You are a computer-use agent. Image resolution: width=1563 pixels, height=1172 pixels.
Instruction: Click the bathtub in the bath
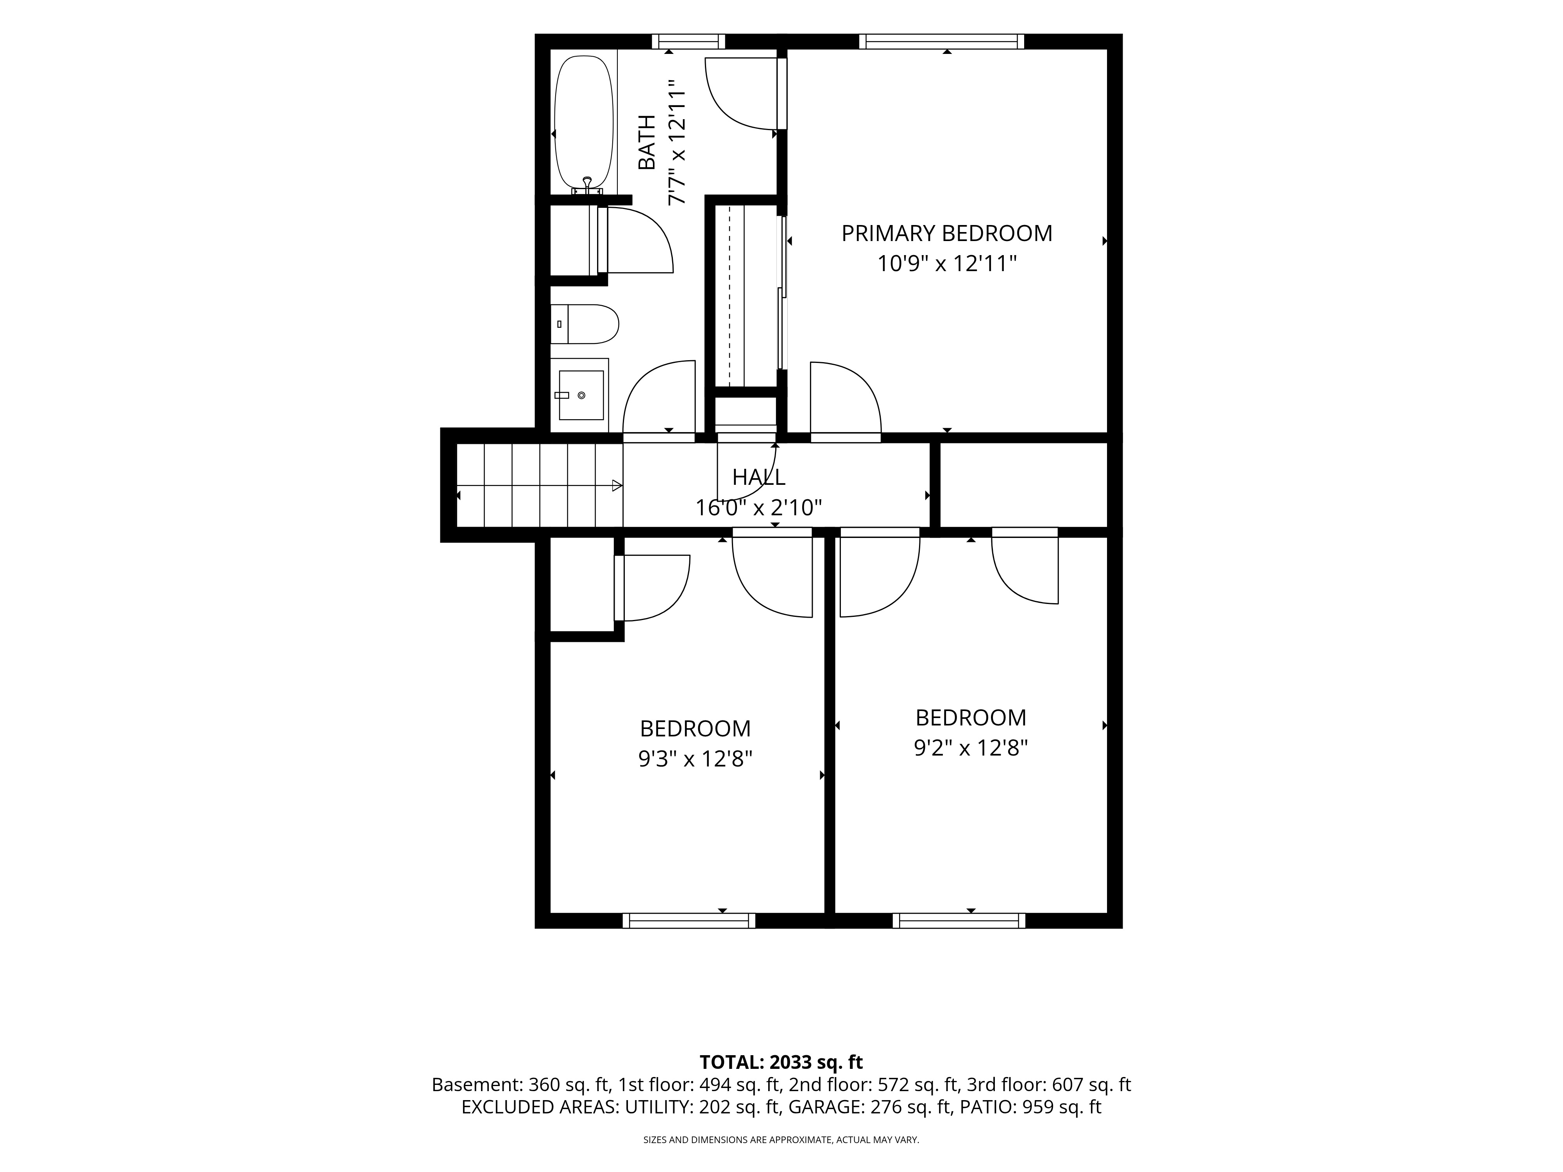584,123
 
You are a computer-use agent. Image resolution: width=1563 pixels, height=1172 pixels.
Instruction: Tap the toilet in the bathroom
584,324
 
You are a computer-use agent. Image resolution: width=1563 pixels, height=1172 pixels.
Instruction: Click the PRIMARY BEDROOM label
947,233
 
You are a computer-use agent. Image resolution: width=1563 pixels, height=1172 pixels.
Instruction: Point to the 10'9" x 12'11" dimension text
947,264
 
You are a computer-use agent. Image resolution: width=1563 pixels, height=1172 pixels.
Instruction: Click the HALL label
758,477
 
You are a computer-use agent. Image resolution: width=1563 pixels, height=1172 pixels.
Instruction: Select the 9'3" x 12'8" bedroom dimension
695,759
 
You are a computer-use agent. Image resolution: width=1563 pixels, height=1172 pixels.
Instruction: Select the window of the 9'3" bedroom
689,920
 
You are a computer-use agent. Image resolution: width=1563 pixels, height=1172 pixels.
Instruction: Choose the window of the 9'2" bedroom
959,920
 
